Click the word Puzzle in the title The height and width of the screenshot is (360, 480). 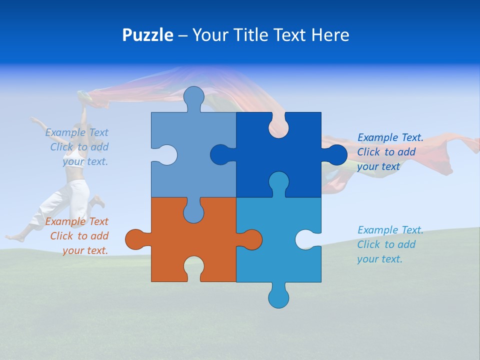coord(147,35)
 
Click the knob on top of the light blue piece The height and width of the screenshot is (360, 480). coord(193,97)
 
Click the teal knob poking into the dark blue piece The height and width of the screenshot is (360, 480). coord(278,182)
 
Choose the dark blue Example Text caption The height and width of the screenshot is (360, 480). coord(390,152)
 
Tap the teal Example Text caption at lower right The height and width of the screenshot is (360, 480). coord(390,244)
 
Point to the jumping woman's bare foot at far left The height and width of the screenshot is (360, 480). coord(12,236)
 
